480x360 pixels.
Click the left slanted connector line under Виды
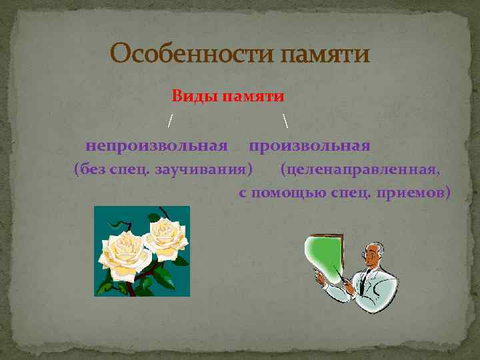coord(171,121)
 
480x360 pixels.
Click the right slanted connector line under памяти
coord(285,121)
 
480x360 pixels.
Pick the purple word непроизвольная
coord(157,145)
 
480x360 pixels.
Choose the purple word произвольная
coord(309,145)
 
